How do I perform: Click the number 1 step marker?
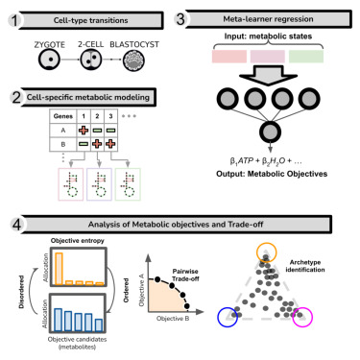[x=14, y=19]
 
